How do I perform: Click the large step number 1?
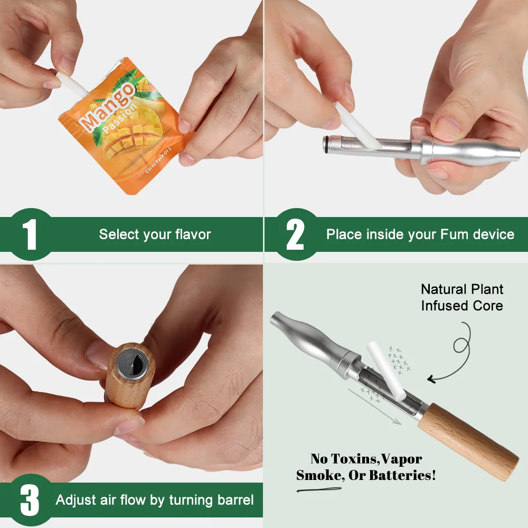point(30,234)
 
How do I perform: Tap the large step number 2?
point(295,234)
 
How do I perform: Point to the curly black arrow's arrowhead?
point(432,379)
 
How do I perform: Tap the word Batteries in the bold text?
point(404,475)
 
